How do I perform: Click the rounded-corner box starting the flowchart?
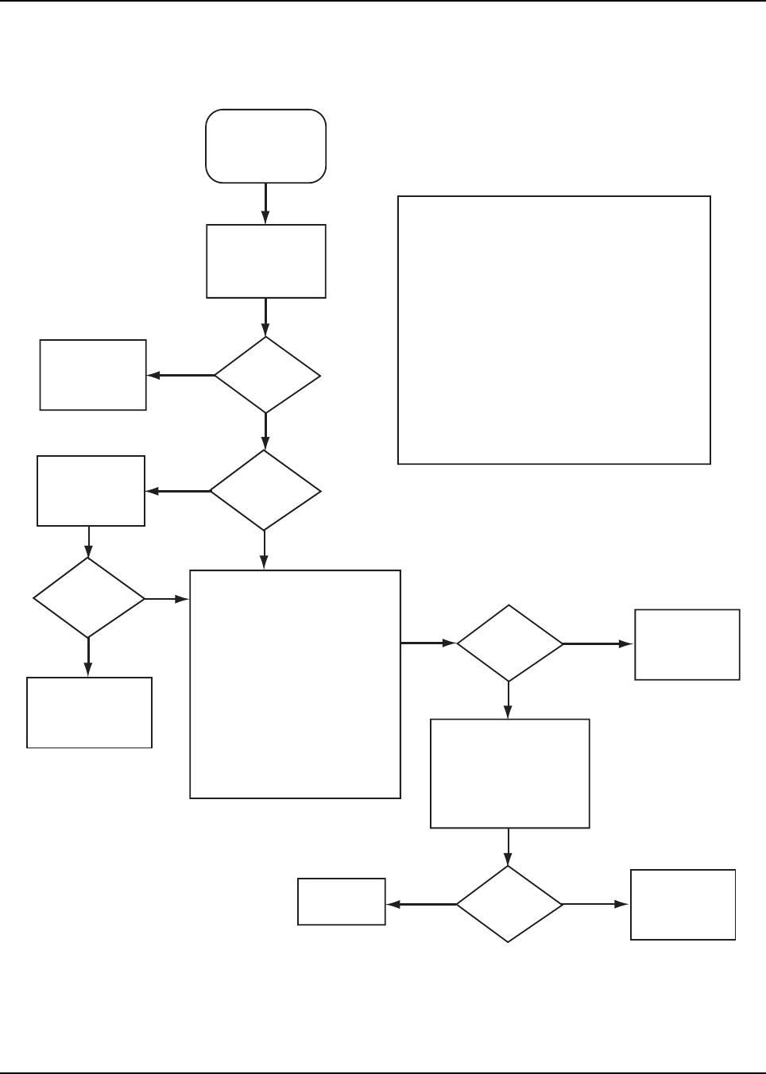[265, 146]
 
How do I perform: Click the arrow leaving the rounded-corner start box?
[265, 203]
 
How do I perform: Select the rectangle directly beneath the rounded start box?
[265, 261]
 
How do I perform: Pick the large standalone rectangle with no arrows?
[553, 330]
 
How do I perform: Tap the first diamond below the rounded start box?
[267, 375]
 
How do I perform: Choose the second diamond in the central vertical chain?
[265, 491]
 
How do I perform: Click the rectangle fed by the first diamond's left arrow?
[93, 375]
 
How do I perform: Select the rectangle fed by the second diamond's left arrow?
[91, 490]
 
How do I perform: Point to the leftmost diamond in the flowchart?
[88, 598]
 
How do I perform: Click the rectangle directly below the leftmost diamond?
[89, 712]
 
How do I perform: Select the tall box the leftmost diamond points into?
[295, 683]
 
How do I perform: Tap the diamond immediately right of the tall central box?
[509, 643]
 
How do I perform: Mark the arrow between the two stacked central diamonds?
[265, 431]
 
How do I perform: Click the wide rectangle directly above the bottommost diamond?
[509, 774]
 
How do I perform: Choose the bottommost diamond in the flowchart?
[509, 904]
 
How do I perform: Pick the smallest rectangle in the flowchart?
[341, 902]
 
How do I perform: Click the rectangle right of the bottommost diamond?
[683, 905]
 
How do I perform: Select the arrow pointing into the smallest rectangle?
[421, 904]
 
